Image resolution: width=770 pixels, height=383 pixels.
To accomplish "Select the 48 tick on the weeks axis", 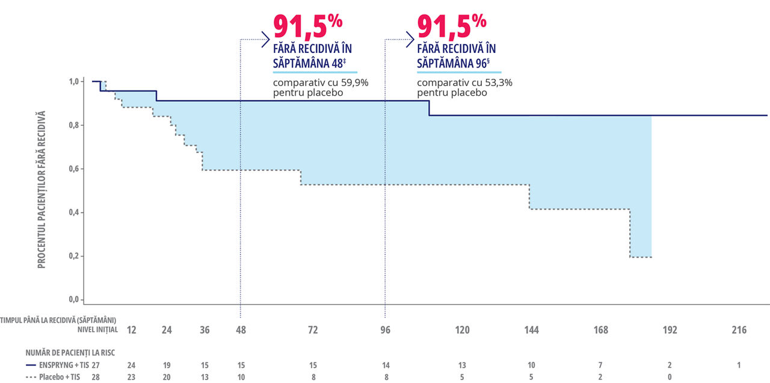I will pos(241,330).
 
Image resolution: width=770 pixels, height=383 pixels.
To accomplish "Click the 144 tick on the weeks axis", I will pos(531,330).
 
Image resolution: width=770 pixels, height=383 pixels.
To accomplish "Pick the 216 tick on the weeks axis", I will pos(739,330).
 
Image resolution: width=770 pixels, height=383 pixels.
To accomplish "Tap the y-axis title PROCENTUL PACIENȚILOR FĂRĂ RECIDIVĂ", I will pos(42,189).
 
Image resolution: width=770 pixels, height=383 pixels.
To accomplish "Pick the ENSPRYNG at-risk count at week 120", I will pos(462,365).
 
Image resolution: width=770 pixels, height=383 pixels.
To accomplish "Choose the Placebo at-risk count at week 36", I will pos(205,377).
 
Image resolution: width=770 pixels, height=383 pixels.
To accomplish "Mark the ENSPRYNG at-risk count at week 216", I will pos(739,365).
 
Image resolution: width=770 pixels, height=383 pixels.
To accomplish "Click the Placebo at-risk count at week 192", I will pos(670,377).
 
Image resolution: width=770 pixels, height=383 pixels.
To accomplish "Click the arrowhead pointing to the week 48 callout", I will pos(265,40).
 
